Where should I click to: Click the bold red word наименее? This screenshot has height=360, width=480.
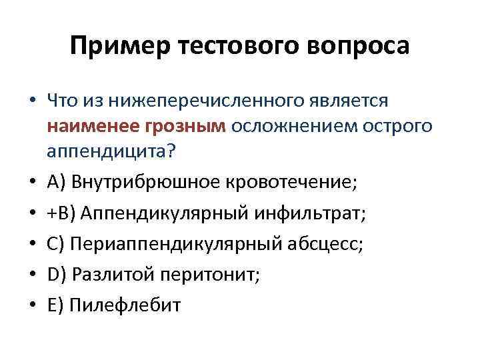point(93,125)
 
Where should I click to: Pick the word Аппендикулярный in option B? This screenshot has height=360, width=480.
point(159,214)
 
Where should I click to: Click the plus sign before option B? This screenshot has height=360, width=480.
point(52,215)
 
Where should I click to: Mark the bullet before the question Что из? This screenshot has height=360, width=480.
point(31,101)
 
